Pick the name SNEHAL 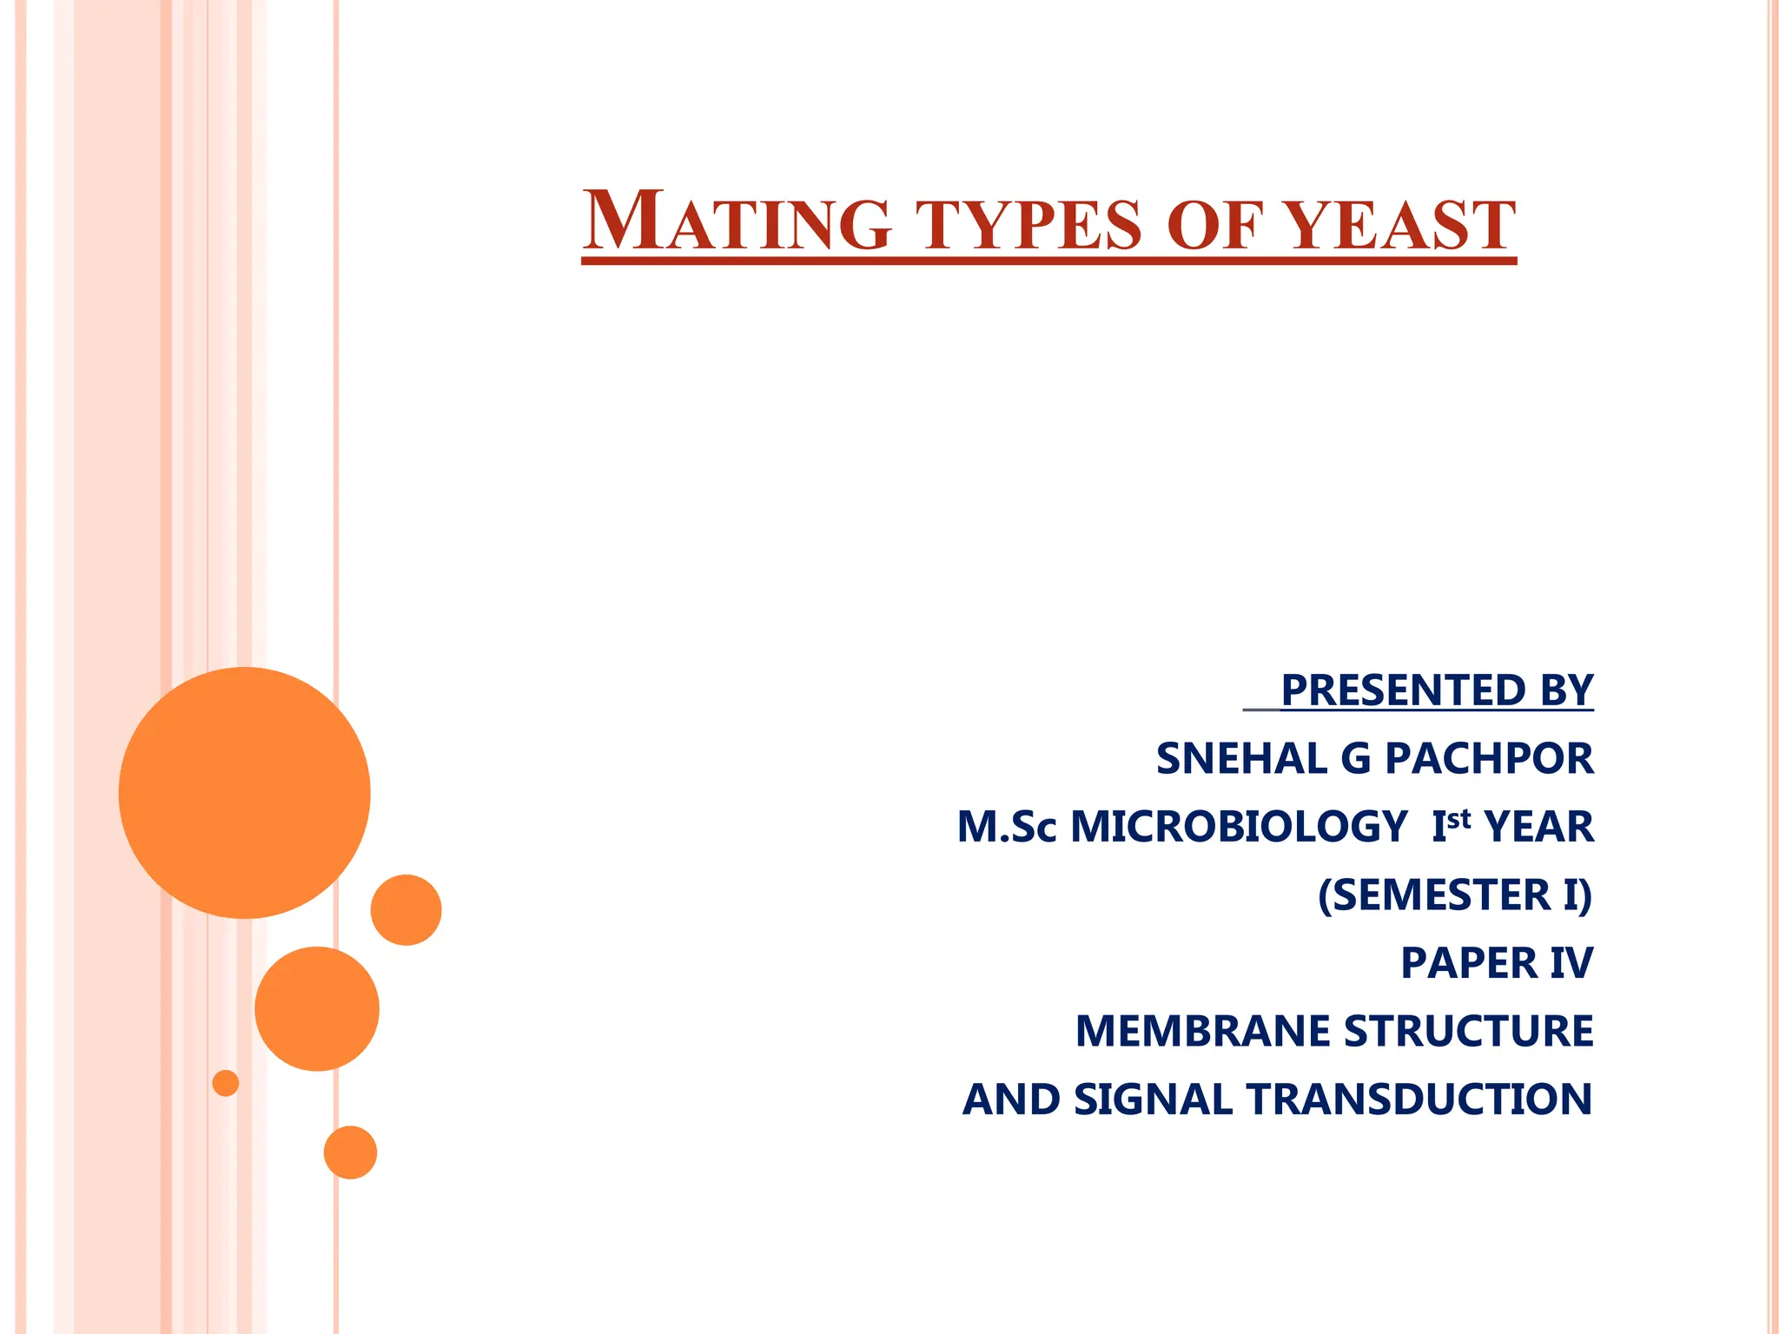pyautogui.click(x=1240, y=758)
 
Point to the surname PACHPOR pyautogui.click(x=1489, y=758)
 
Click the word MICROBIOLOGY pyautogui.click(x=1239, y=826)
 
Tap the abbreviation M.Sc pyautogui.click(x=1007, y=826)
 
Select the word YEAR pyautogui.click(x=1538, y=826)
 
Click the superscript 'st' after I pyautogui.click(x=1459, y=818)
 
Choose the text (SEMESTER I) pyautogui.click(x=1455, y=895)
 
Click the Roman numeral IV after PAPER pyautogui.click(x=1571, y=962)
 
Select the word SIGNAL pyautogui.click(x=1153, y=1099)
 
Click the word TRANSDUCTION pyautogui.click(x=1419, y=1099)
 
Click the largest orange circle pyautogui.click(x=245, y=792)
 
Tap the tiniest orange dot pyautogui.click(x=226, y=1083)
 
